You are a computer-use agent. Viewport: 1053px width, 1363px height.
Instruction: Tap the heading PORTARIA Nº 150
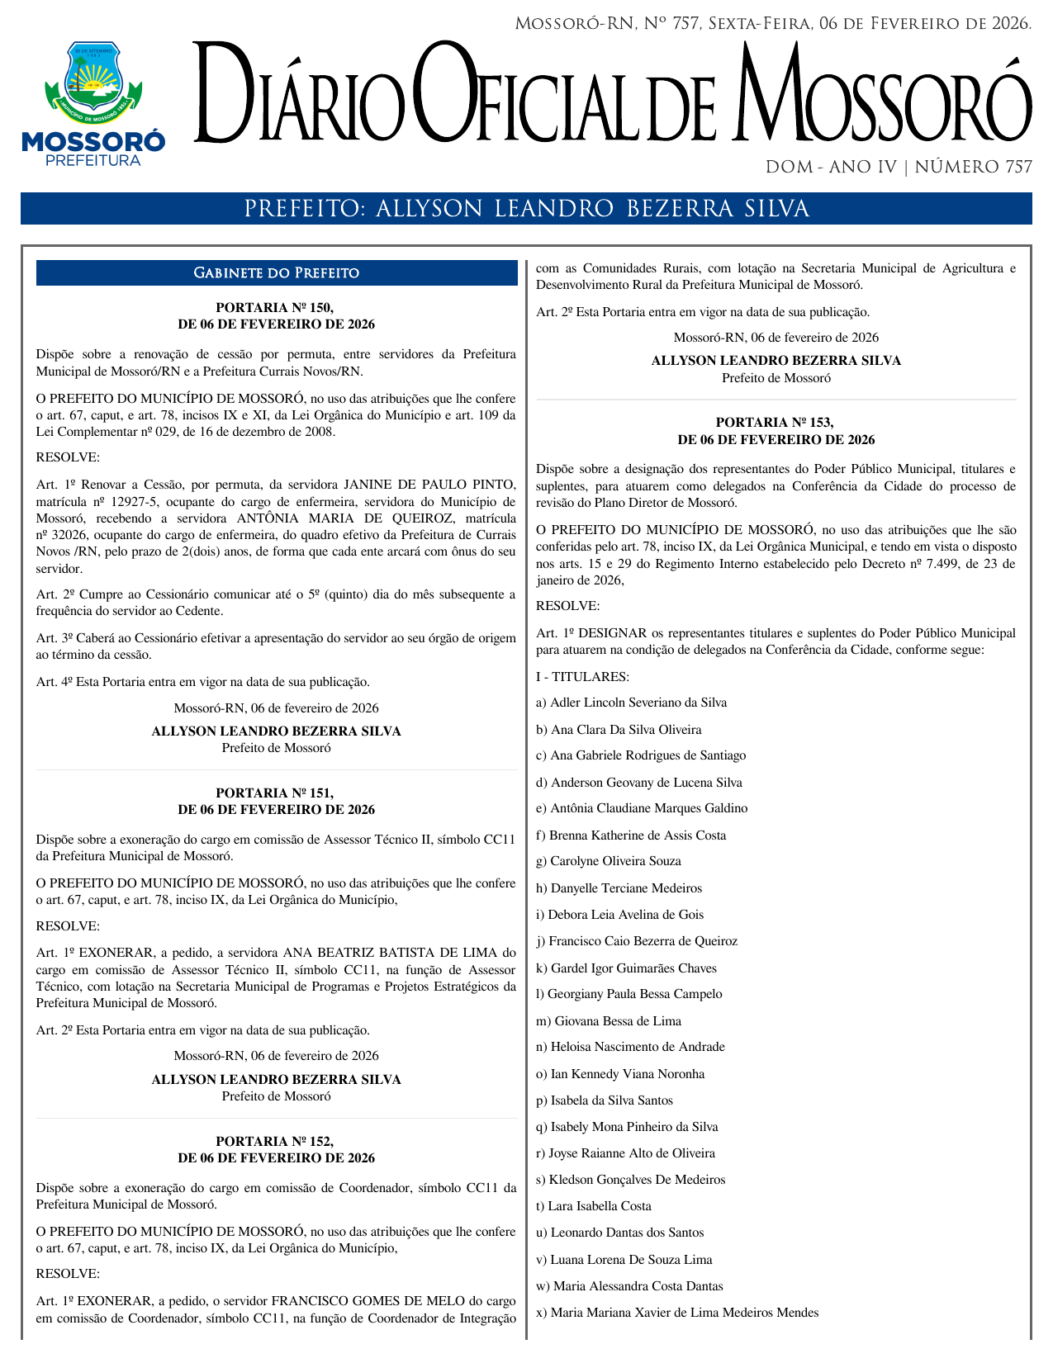[x=276, y=308]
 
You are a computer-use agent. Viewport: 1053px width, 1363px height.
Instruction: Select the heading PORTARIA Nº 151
[x=276, y=793]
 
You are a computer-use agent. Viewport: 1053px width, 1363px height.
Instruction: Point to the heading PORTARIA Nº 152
[x=276, y=1142]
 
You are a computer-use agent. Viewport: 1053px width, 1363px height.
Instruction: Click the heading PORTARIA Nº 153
[x=776, y=423]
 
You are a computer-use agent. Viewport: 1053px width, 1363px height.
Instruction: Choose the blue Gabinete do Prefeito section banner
[x=276, y=273]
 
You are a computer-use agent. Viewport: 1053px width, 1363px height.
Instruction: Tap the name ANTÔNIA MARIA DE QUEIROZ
[x=345, y=518]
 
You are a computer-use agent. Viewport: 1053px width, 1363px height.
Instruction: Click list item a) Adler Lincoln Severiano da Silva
[x=632, y=703]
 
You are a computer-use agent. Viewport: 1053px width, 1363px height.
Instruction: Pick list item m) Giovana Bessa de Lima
[x=609, y=1021]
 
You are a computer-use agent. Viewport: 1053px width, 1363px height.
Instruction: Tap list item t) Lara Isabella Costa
[x=594, y=1206]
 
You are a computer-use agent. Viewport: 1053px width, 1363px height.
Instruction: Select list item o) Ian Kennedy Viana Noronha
[x=620, y=1074]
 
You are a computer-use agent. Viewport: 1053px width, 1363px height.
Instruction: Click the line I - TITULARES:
[x=582, y=677]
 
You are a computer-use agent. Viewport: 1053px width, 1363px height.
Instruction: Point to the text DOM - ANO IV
[x=831, y=168]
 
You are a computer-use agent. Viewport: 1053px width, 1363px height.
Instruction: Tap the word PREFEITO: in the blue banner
[x=305, y=210]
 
